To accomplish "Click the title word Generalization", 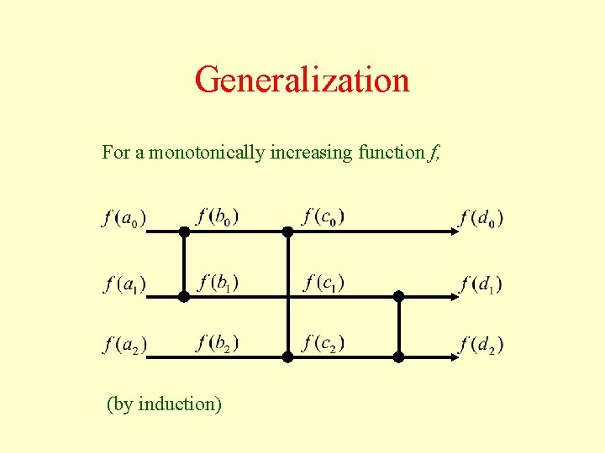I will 302,81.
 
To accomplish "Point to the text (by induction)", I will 164,404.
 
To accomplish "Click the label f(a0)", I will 124,218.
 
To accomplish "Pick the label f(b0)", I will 217,216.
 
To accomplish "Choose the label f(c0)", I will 324,216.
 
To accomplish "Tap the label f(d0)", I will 481,218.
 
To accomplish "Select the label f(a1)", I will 124,284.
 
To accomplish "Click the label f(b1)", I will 218,281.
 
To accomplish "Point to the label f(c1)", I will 324,281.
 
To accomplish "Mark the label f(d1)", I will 481,284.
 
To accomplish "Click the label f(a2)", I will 124,344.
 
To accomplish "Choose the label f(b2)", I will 218,342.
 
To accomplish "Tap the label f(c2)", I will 324,342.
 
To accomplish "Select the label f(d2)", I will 481,344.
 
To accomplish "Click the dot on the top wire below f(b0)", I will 183,232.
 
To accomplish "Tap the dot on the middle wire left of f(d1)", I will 398,296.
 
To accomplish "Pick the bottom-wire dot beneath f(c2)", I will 287,357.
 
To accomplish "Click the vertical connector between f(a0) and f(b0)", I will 183,264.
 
